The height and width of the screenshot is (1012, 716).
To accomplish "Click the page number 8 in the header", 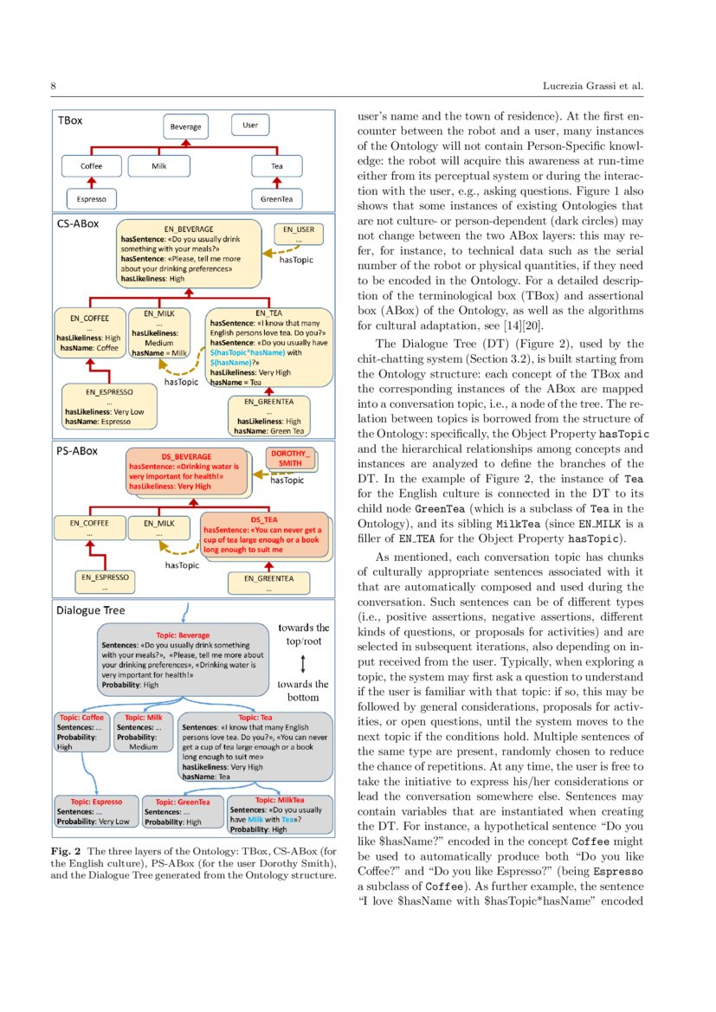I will pos(54,87).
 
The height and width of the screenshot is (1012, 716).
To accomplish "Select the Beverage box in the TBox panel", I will pos(184,126).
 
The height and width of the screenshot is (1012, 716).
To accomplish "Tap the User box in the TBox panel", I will pos(250,126).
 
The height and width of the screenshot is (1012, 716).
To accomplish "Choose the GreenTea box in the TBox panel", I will pos(276,199).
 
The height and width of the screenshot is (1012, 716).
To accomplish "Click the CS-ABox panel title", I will pos(78,223).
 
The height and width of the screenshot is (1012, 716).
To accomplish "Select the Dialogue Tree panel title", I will pos(91,610).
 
